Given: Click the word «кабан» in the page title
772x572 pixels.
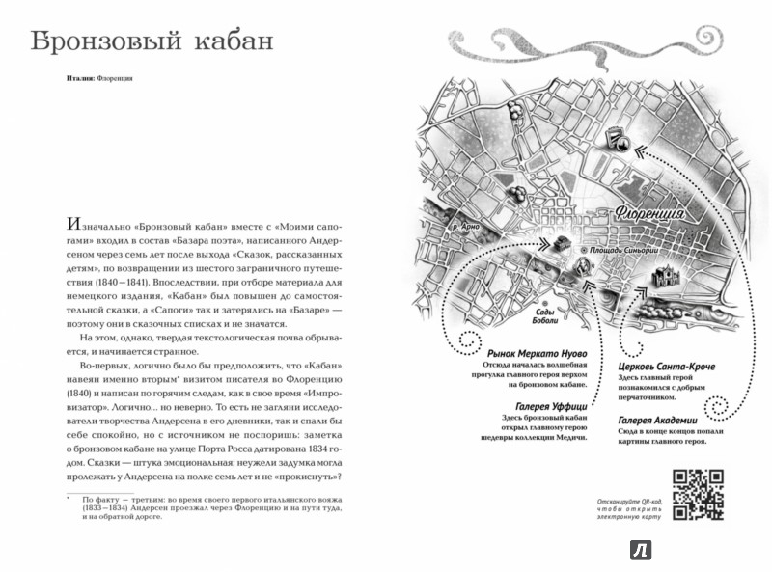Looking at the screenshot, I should [226, 42].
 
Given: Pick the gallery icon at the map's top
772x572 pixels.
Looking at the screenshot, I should [618, 141].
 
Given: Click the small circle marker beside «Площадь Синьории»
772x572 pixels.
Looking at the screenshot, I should [583, 249].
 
